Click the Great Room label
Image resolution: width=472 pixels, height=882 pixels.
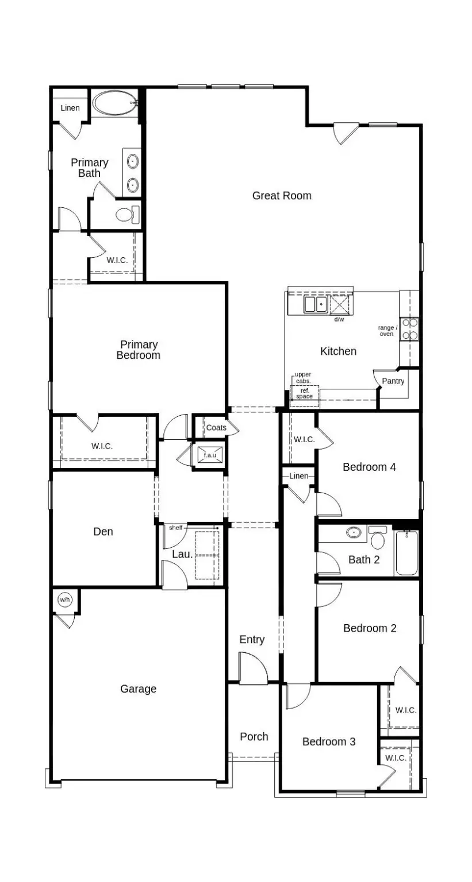[282, 196]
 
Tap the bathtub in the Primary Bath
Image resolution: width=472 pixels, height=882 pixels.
[114, 105]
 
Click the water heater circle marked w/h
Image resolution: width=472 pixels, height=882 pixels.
[64, 600]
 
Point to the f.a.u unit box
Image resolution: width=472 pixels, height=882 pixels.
[209, 455]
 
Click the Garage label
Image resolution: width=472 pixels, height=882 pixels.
[138, 689]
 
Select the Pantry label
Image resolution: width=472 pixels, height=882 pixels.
[393, 381]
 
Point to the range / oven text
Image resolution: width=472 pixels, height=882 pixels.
[387, 331]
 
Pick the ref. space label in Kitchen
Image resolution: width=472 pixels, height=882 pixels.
[304, 393]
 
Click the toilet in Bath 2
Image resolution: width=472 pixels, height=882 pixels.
[378, 540]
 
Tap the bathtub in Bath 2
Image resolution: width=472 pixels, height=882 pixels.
[407, 553]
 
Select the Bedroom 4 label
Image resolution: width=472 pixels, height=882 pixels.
[369, 467]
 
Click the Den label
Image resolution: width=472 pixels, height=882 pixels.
[103, 532]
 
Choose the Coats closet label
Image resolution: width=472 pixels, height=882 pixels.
[216, 428]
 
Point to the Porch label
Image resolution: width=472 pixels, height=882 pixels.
[254, 737]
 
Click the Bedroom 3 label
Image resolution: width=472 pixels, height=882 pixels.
[329, 742]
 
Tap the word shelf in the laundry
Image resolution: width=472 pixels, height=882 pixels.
[175, 528]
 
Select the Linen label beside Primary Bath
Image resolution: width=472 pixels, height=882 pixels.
[70, 109]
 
